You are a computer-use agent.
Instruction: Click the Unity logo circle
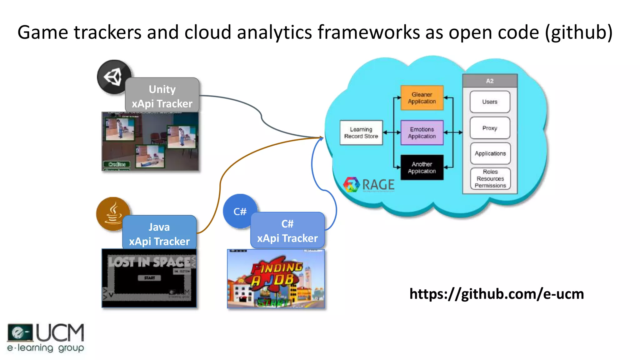coord(114,77)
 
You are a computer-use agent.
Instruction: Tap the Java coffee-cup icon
coord(112,214)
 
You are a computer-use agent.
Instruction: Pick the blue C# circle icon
coord(240,211)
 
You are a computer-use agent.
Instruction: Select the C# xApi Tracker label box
coord(287,231)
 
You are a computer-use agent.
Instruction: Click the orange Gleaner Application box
coord(422,98)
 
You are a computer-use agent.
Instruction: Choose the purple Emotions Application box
coord(422,132)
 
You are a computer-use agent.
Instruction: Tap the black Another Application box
coord(422,167)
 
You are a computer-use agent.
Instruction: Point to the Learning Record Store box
coord(361,132)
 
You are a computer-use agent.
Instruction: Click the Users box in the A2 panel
coord(490,102)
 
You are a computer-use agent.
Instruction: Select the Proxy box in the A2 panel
coord(490,128)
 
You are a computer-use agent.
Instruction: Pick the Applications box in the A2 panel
coord(490,153)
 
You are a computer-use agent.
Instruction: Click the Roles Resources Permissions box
coord(490,178)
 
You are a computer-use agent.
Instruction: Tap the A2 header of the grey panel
coord(490,81)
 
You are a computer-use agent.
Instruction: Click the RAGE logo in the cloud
coord(369,184)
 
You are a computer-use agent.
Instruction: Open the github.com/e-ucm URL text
coord(497,294)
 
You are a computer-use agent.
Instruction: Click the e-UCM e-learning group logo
coord(46,338)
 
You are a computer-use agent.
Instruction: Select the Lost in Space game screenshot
coord(149,278)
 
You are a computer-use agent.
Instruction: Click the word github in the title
coord(578,32)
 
